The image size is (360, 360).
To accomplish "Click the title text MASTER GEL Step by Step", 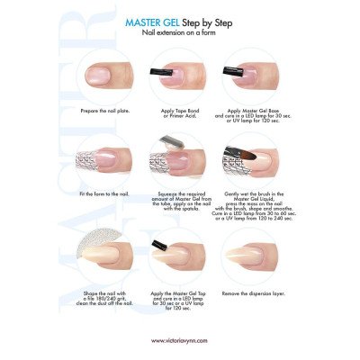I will click(180, 19).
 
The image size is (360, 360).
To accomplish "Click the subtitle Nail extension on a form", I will click(180, 31).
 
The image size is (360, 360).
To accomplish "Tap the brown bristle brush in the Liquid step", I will click(256, 154).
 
